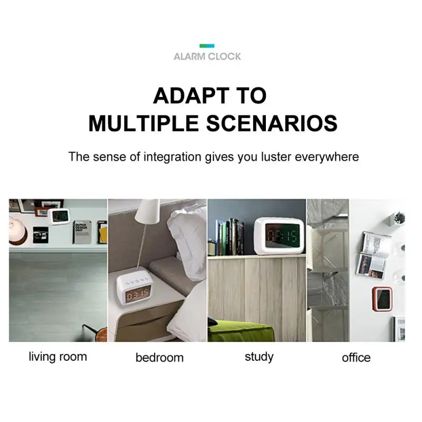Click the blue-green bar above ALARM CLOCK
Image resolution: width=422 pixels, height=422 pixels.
coord(207,46)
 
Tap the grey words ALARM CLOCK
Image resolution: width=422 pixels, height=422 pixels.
coord(207,56)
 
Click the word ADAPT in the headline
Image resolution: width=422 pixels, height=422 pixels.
coord(188,96)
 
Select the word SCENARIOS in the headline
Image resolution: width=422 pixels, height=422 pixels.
coord(272,123)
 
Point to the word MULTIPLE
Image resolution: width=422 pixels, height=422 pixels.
coord(143,123)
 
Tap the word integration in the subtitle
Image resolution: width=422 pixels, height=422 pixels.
coord(172,157)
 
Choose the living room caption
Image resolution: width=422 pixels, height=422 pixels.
coord(58,357)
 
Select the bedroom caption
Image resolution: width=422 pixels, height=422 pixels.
coord(160,358)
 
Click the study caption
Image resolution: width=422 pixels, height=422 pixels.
coord(259,357)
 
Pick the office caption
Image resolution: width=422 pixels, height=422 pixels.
coord(356,358)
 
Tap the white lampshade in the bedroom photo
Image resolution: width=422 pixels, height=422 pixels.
coord(148,212)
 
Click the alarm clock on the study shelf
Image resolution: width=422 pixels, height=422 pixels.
coord(280,236)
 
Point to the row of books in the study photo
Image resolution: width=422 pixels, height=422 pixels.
coord(229,237)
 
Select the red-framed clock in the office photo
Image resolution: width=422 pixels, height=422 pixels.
coord(382,299)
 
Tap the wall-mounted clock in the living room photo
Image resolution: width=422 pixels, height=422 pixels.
coord(59,216)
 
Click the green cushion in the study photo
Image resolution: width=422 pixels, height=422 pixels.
coord(241,331)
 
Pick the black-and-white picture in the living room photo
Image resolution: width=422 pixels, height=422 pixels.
coord(41,235)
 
